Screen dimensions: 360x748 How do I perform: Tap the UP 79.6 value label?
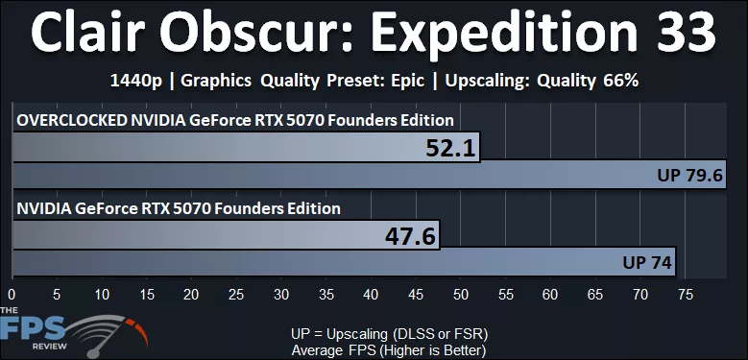click(689, 176)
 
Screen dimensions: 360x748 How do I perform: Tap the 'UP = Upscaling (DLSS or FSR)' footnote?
click(390, 333)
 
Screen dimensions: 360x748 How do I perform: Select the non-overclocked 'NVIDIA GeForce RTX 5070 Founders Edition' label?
click(178, 207)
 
